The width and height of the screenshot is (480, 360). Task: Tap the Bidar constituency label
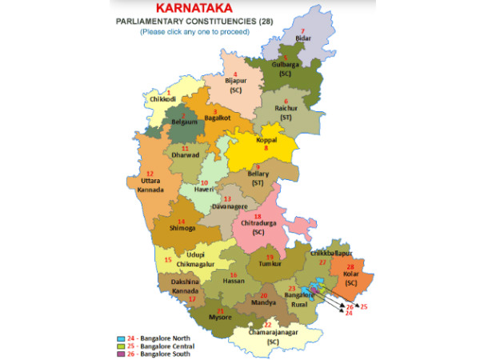tap(302, 37)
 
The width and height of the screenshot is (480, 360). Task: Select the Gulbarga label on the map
tap(285, 63)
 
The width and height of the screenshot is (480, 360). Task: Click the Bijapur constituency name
tap(235, 81)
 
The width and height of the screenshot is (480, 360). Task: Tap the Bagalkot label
tap(218, 118)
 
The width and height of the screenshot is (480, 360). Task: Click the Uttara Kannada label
tap(154, 185)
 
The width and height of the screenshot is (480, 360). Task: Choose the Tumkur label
tap(269, 266)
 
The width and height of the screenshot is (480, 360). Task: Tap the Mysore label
tap(220, 318)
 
